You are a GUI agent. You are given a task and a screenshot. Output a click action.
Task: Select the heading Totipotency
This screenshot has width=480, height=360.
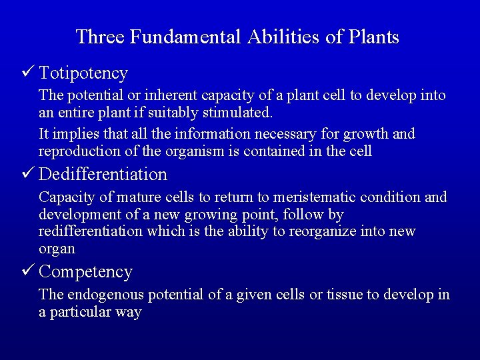[83, 73]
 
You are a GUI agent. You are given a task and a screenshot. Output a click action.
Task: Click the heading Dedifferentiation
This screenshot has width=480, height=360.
[103, 175]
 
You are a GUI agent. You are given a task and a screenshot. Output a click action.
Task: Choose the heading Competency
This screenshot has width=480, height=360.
[86, 272]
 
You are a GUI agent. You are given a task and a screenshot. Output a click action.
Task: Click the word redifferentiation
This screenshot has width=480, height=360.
[91, 231]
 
